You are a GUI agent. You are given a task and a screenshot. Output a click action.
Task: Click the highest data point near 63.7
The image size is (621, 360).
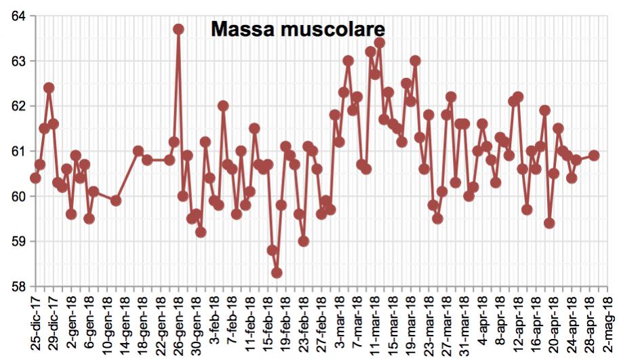click(178, 29)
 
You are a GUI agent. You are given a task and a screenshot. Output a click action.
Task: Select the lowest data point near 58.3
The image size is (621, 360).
click(277, 273)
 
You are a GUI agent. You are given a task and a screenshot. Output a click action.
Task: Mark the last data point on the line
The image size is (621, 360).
click(594, 155)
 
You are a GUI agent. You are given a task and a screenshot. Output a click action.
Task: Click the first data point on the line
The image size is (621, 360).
click(35, 178)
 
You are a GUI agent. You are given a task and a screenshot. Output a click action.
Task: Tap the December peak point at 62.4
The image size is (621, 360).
click(49, 87)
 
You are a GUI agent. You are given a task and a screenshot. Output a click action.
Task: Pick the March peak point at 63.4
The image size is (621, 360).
click(380, 43)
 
